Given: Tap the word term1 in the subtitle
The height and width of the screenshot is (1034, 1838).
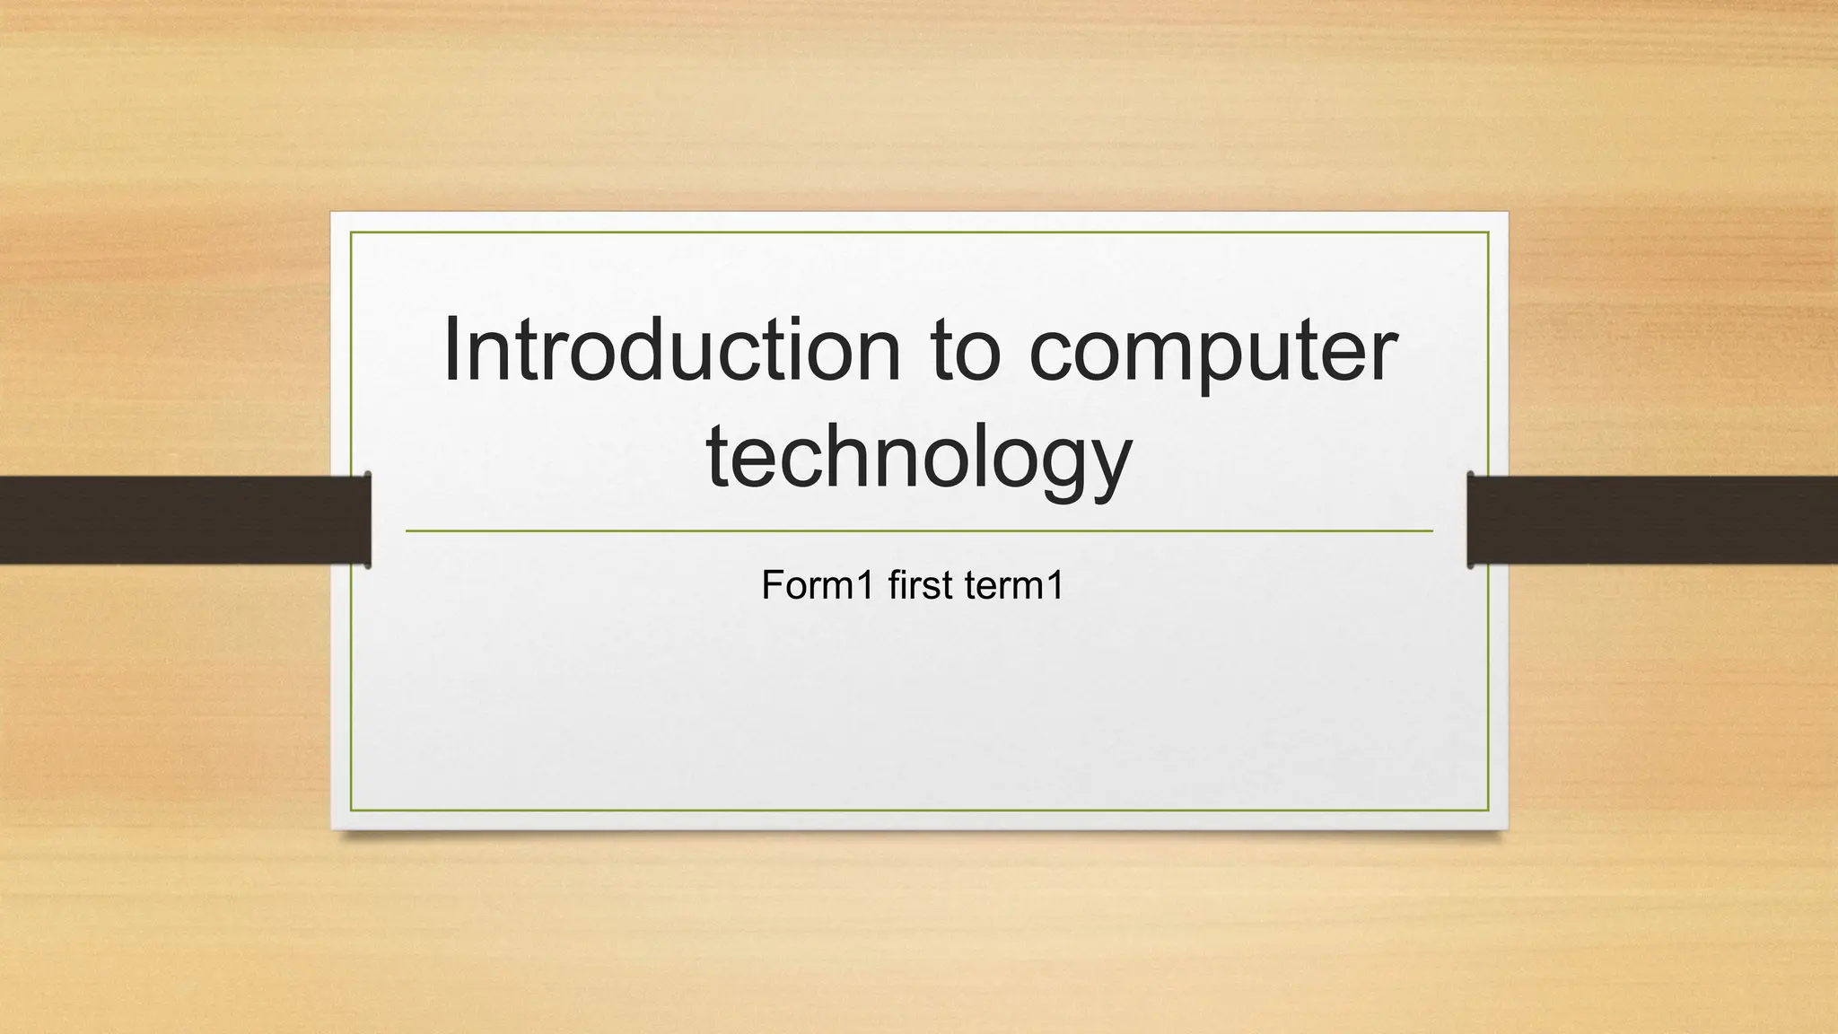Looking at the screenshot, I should coord(1014,586).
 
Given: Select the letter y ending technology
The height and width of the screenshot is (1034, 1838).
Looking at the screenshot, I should coord(1109,467).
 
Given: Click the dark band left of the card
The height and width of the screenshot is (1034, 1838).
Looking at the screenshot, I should coord(179,520).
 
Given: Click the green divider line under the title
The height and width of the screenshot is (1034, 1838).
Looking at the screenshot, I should coord(918,531).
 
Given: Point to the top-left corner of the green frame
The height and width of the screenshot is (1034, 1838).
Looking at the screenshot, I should coord(351,232).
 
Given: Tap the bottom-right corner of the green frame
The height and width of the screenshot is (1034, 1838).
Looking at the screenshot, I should coord(1488,811).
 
